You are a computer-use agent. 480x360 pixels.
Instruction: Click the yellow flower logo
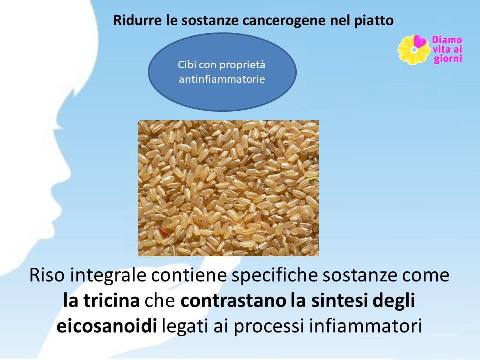[x=414, y=50]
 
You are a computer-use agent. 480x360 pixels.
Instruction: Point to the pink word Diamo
[x=447, y=40]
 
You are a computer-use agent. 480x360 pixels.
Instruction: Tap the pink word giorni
[x=448, y=58]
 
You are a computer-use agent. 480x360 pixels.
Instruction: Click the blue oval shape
[x=222, y=72]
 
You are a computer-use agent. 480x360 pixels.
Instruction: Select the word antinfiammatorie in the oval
[x=222, y=79]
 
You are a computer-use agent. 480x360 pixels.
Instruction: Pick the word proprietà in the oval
[x=243, y=65]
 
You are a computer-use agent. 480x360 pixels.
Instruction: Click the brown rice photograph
[x=228, y=188]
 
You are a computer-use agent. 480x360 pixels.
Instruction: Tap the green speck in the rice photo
[x=312, y=178]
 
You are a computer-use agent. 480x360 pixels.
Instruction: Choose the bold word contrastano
[x=233, y=301]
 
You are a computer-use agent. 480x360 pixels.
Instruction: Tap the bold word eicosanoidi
[x=107, y=326]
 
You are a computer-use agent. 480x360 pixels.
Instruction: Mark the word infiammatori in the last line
[x=366, y=326]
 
